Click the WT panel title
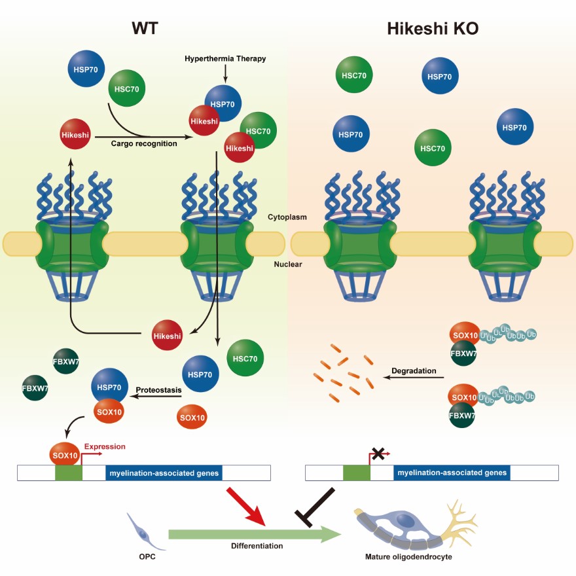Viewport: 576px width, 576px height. [145, 28]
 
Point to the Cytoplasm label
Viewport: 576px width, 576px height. [288, 217]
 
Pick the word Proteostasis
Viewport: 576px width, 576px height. [158, 391]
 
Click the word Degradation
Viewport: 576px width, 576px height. [414, 371]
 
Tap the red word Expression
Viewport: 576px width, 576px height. [105, 447]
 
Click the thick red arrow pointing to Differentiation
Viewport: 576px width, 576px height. [246, 507]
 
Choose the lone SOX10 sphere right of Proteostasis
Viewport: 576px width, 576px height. [192, 417]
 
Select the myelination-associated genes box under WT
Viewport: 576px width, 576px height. [164, 473]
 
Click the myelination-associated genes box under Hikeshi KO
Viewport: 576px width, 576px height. [452, 473]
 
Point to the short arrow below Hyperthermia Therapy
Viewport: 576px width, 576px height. [225, 75]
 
